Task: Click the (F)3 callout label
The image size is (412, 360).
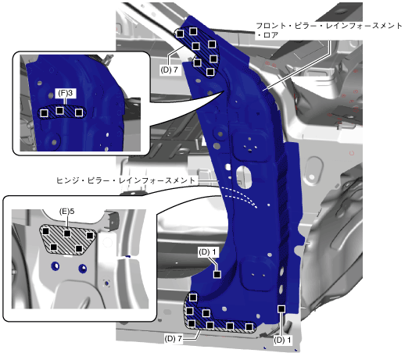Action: coord(66,93)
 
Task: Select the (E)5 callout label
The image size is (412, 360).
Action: coord(66,211)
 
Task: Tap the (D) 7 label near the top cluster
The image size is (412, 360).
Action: coord(169,70)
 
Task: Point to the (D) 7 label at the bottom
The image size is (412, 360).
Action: coord(173,338)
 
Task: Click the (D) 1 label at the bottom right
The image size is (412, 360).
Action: coord(282,340)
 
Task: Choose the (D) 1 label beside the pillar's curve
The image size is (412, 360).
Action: coord(207,252)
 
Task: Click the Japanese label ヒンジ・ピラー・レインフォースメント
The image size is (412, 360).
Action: coord(126,180)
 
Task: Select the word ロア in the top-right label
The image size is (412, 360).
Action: coord(270,35)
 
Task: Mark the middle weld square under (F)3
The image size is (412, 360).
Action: coord(60,110)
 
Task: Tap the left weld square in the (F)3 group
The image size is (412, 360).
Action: coord(44,113)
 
